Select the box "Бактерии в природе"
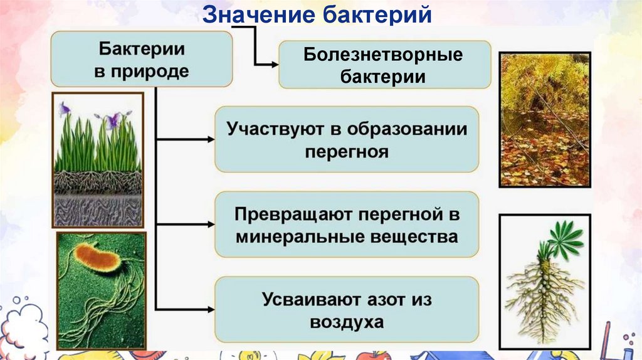(141, 59)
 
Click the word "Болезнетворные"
(384, 55)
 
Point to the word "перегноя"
(346, 152)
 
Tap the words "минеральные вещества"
(346, 237)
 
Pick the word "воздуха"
(346, 322)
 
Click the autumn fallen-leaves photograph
(544, 120)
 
